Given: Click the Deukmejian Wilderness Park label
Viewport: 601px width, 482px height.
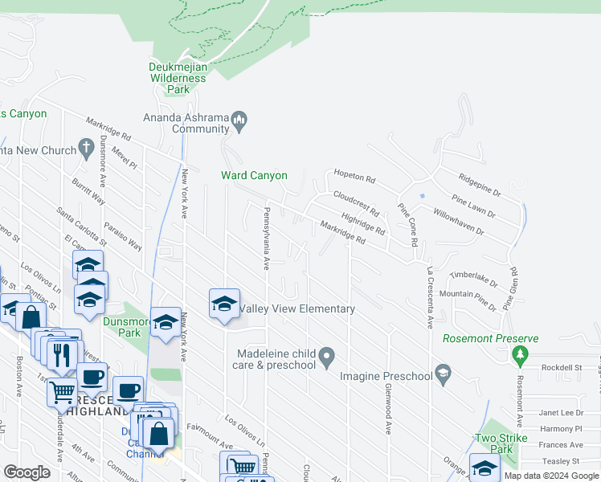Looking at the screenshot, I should [x=178, y=79].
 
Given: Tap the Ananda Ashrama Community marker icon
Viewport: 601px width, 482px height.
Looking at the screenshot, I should [x=239, y=123].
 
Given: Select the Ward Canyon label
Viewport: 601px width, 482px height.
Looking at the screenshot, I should [x=254, y=175].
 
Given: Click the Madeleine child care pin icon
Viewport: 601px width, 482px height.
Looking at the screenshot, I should [x=326, y=354].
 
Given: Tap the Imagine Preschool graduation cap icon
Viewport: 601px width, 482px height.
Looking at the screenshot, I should [x=443, y=374].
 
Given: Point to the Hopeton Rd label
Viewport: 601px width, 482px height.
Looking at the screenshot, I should [x=355, y=177].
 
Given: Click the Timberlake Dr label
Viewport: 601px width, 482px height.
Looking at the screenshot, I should [x=474, y=278].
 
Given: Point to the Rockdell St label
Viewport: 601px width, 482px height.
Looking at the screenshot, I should [x=561, y=367].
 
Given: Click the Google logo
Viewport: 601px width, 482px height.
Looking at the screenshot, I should [x=27, y=472].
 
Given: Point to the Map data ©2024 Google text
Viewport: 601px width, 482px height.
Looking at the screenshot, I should [x=551, y=476].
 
